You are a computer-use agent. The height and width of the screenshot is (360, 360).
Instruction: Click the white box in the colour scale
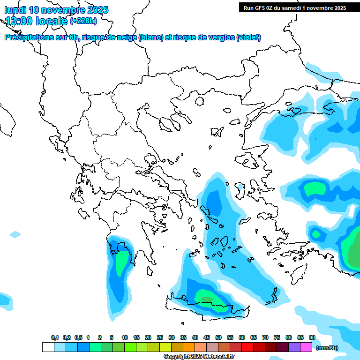coord(48,347)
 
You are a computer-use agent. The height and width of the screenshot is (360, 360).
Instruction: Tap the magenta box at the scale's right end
coord(306,347)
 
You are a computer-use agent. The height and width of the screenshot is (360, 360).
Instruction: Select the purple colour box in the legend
coord(294,347)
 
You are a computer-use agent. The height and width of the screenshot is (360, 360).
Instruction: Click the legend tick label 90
coord(312,337)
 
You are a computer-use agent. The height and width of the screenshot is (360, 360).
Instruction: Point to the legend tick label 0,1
coord(54,337)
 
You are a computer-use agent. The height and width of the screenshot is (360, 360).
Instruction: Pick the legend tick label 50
coord(218,337)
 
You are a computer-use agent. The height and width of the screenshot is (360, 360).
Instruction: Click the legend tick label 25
coord(160,337)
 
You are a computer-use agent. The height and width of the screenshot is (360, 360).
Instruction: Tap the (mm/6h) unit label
coord(327,348)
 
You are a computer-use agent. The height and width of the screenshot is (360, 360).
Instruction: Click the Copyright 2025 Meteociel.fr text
coord(199,356)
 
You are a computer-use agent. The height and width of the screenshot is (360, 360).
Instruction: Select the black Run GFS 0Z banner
coord(294,7)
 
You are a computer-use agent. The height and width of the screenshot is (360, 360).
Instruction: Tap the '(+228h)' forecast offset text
coord(83,21)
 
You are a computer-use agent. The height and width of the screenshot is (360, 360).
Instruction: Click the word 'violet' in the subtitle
coord(248,37)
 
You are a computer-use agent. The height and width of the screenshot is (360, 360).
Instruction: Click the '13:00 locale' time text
coord(37,21)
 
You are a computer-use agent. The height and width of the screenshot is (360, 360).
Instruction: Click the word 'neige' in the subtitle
coord(126,37)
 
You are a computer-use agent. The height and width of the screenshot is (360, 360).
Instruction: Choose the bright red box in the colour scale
coord(247,347)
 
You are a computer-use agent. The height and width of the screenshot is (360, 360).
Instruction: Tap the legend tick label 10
coord(125,337)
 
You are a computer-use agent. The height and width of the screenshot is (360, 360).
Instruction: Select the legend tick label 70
coord(265,337)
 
